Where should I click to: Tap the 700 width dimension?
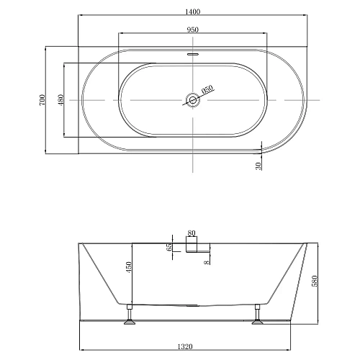click(42, 99)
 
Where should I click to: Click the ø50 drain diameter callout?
click(207, 90)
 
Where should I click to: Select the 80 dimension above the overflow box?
click(192, 233)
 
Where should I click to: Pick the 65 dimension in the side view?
click(169, 247)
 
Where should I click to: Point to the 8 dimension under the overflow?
click(206, 262)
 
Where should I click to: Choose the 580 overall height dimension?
click(315, 280)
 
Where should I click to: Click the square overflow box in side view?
click(192, 246)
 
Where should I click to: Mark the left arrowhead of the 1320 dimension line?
click(81, 341)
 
